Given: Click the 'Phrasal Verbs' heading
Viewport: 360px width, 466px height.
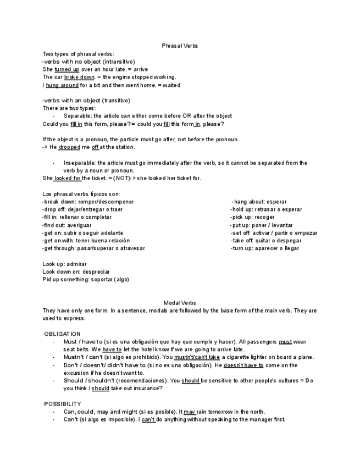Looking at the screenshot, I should [x=180, y=46].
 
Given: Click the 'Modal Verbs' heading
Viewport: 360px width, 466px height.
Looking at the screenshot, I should [x=180, y=303].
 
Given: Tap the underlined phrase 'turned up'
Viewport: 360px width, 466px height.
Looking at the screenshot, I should [x=67, y=70].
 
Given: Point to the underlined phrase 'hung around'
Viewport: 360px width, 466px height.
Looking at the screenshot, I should [x=62, y=85].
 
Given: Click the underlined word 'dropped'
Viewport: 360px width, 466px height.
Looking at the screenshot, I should [x=69, y=147].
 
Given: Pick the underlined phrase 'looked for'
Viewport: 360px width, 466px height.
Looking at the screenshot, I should [x=68, y=178].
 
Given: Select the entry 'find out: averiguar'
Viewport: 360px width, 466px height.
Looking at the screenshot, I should [x=67, y=225].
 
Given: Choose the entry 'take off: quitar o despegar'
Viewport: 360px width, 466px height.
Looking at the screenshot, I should [x=265, y=241].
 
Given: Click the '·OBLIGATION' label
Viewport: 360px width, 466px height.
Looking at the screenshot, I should [x=62, y=334].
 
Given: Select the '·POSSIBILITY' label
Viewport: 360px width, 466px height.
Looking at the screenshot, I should [x=62, y=404].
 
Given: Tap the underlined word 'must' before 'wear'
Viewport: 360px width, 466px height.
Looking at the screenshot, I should [x=285, y=341].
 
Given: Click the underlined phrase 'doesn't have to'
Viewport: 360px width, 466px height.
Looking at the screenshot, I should [x=243, y=365].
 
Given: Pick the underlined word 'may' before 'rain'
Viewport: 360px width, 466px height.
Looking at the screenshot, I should [x=190, y=412].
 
